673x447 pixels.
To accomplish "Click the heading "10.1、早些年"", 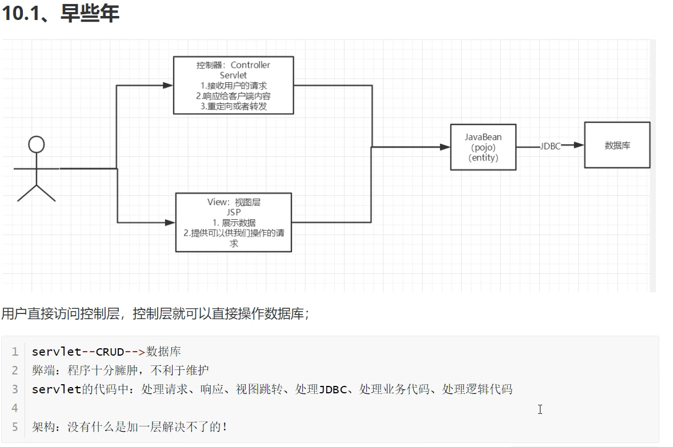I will (60, 13).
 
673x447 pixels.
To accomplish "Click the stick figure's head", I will (37, 144).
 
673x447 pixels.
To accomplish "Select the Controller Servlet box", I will (233, 85).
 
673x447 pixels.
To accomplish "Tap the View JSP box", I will (233, 222).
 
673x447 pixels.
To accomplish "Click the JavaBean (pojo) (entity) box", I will (483, 147).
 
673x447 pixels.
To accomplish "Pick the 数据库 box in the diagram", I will (617, 145).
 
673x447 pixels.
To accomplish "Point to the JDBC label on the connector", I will (550, 146).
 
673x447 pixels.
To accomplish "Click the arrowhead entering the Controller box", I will (168, 86).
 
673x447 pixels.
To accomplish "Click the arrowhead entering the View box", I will (170, 222).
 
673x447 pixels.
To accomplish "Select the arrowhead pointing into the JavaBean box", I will (445, 147).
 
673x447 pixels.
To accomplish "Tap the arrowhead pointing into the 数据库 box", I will (579, 145).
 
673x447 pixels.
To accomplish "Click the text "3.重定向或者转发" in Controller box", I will (233, 106).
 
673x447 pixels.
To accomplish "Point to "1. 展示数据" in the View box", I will (234, 223).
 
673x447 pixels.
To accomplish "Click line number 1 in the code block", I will (15, 352).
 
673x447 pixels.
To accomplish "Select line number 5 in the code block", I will (15, 426).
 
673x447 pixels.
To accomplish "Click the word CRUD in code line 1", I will (110, 352).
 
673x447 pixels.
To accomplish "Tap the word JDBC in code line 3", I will (333, 389).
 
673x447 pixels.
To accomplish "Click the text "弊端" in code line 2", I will (43, 371).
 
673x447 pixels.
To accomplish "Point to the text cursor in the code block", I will (540, 409).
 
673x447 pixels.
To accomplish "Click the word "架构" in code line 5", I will (43, 426).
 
